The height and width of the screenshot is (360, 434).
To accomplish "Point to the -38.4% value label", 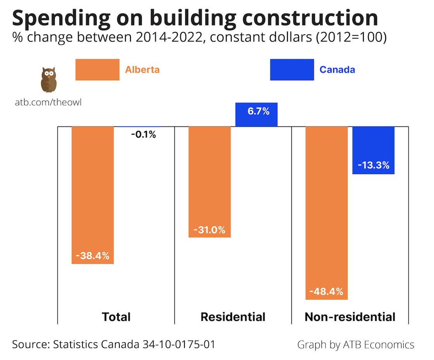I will click(x=93, y=256).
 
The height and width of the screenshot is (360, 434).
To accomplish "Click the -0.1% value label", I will click(x=143, y=135).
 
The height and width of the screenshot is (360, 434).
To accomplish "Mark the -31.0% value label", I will click(x=210, y=230).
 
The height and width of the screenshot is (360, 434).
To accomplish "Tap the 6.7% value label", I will click(x=258, y=112).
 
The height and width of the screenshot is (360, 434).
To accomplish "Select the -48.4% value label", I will click(x=326, y=291).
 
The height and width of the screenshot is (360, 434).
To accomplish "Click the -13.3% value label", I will click(x=373, y=166).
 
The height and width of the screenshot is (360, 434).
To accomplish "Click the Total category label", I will click(x=116, y=317).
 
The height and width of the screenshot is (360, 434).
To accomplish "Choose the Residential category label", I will click(x=233, y=317).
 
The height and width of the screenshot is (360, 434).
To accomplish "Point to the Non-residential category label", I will click(x=350, y=317).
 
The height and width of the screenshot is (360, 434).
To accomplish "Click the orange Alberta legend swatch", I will click(x=97, y=70).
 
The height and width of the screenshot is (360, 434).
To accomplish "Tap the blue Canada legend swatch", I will click(x=292, y=70).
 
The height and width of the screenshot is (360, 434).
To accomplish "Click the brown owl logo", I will click(x=48, y=80).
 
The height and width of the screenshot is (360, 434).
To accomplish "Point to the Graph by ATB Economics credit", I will click(x=356, y=344).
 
